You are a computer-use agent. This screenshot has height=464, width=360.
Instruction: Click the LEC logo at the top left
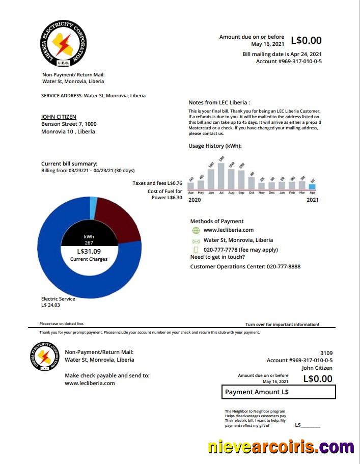click(x=63, y=43)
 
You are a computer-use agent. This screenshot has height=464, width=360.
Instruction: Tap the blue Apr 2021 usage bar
click(x=312, y=186)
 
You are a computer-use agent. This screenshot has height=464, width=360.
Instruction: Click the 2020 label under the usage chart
click(x=195, y=200)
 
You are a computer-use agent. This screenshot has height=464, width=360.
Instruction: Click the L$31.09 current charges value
click(x=89, y=251)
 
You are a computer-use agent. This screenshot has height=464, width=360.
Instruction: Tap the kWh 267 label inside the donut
click(x=89, y=239)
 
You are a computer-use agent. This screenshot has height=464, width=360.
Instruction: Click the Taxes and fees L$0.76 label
click(x=157, y=183)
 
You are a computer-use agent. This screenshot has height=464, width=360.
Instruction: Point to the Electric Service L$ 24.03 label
click(x=58, y=302)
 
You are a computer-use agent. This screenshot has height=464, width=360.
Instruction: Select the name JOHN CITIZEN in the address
click(x=59, y=117)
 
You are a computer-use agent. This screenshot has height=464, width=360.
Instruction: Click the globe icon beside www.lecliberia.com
click(x=196, y=230)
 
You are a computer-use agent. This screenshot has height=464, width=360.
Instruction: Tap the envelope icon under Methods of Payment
click(x=196, y=240)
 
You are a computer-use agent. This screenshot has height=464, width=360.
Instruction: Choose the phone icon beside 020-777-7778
click(x=196, y=250)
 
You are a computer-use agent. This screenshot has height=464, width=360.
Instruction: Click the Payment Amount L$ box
click(x=279, y=392)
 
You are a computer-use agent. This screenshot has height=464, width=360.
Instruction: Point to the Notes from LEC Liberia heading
click(x=219, y=102)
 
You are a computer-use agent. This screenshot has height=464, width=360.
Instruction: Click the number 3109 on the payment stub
click(x=326, y=353)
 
